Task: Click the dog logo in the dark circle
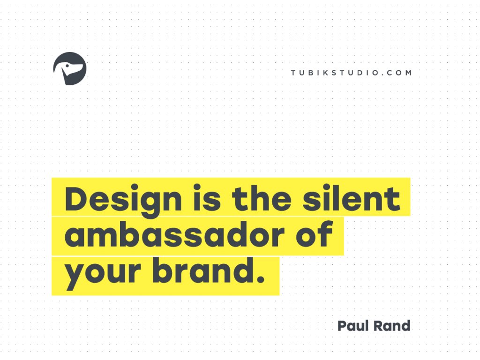coord(70,68)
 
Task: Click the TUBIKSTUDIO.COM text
coord(351,73)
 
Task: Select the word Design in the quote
coord(123,199)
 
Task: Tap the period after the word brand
coord(261,280)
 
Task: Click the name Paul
coord(354,325)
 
